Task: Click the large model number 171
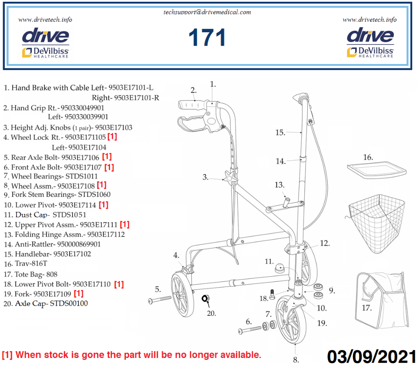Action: click(207, 37)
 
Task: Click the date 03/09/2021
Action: click(372, 357)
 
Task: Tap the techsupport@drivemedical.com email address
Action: click(207, 12)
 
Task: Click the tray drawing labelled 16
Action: click(377, 170)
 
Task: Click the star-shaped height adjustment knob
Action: click(230, 177)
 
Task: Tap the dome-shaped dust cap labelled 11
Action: click(279, 268)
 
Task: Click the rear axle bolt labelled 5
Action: click(160, 300)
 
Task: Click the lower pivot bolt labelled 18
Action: click(272, 294)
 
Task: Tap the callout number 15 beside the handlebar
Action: click(280, 132)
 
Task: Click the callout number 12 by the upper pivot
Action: click(325, 243)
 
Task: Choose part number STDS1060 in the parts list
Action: click(94, 195)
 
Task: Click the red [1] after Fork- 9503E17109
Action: click(79, 294)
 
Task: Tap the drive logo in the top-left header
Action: click(45, 36)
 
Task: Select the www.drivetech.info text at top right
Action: click(370, 20)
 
